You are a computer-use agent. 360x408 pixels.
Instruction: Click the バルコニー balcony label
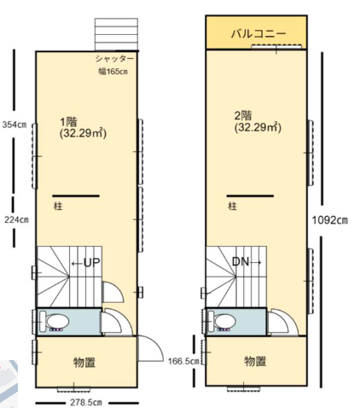coord(258,34)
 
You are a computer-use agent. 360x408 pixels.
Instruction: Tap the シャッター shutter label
coord(114,59)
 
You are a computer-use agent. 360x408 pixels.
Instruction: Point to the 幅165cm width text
coord(113,71)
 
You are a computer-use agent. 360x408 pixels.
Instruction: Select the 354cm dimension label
coord(15,125)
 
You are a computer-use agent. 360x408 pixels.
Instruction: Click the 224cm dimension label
coord(16,219)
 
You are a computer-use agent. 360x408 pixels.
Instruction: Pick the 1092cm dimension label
coord(330,220)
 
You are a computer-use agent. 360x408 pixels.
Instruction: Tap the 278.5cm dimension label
coord(86,403)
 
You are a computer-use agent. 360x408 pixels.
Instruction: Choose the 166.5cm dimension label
coord(183,361)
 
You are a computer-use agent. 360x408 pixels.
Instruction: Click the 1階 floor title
coord(68,122)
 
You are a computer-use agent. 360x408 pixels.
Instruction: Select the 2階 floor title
coord(243,116)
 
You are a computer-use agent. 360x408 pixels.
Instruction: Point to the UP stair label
coord(92,263)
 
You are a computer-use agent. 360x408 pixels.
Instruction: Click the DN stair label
coord(241,261)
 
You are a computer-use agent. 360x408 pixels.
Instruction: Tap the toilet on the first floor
coord(54,322)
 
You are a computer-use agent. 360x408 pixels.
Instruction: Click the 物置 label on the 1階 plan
coord(84,362)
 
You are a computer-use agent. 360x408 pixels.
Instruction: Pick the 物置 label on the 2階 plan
coord(255,361)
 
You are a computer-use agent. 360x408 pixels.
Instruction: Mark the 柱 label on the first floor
coord(58,206)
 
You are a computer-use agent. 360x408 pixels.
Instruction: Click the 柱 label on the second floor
coord(232,206)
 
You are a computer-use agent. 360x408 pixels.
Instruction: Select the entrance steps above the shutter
coord(116,34)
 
